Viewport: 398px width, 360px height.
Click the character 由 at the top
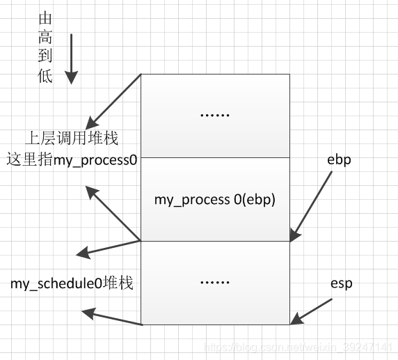(x=45, y=16)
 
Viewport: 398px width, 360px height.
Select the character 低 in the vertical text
(x=45, y=77)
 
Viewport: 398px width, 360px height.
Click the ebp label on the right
(x=339, y=159)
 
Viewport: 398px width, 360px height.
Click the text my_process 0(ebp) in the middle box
(x=215, y=199)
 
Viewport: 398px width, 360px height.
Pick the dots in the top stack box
(x=214, y=115)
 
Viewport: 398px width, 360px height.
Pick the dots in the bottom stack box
(x=214, y=282)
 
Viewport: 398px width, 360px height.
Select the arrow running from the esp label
(x=312, y=311)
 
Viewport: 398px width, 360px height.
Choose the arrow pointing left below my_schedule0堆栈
(x=111, y=318)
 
